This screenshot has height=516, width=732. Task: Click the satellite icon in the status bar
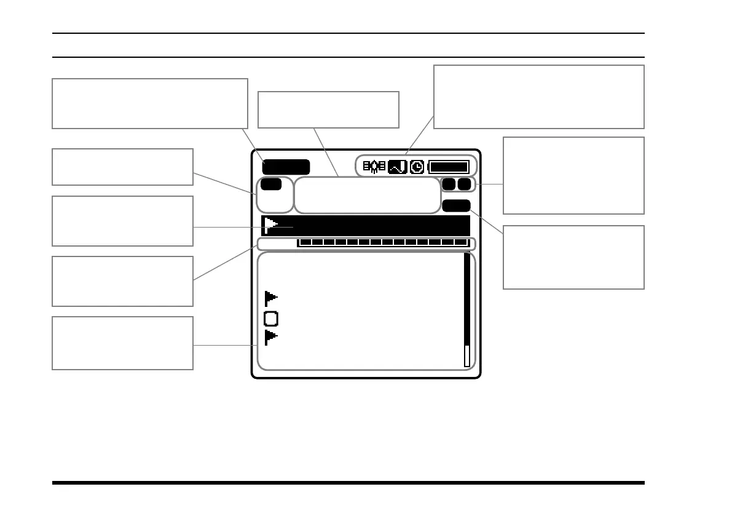[x=374, y=167]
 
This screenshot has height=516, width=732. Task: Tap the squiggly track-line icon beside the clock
[x=398, y=167]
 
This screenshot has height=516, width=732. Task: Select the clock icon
[x=417, y=167]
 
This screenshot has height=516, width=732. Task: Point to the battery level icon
[x=449, y=167]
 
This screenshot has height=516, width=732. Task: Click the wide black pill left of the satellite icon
[x=286, y=167]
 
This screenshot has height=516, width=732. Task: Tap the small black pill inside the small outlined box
[x=270, y=184]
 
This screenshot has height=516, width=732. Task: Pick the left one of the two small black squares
[x=449, y=184]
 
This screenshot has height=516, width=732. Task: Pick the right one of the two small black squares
[x=464, y=184]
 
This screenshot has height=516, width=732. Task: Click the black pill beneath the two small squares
[x=456, y=206]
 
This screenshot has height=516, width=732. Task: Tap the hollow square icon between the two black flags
[x=271, y=319]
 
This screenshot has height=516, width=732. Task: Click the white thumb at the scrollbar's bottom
[x=466, y=355]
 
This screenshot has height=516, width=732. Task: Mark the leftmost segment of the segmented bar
[x=305, y=242]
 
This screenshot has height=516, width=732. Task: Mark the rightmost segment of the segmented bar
[x=462, y=242]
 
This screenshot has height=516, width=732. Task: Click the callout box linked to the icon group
[x=538, y=97]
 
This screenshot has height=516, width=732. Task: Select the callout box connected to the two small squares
[x=573, y=175]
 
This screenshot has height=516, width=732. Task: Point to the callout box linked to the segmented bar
[x=122, y=281]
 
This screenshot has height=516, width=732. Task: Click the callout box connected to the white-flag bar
[x=122, y=221]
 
